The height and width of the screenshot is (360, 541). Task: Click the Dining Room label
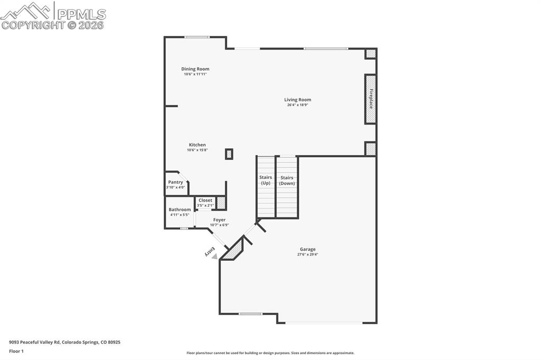coord(195,69)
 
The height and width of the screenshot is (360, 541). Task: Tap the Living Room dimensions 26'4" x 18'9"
coord(297,105)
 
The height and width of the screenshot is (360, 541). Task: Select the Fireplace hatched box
coord(370,99)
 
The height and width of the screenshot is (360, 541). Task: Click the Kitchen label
coord(198,145)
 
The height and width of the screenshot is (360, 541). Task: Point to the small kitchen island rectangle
coord(229,154)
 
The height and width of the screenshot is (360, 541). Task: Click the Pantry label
coord(175,182)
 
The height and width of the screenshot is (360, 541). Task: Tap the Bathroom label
coord(180,210)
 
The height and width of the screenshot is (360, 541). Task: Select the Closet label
coord(206,201)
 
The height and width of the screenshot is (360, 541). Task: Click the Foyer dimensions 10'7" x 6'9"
coord(219,225)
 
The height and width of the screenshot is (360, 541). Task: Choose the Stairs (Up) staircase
coord(266,186)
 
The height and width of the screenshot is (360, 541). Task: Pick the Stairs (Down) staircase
coord(287,186)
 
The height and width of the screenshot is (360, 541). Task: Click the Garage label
coord(307,249)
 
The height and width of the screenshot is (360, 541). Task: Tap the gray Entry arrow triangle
coord(214,257)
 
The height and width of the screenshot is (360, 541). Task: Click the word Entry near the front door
coord(210,251)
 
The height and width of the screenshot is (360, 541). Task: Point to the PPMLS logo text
coord(81,14)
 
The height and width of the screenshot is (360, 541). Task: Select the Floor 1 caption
coord(16,352)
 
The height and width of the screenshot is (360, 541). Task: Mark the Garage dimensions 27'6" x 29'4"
coord(308,254)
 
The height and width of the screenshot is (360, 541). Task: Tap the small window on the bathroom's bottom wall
coord(184,228)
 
